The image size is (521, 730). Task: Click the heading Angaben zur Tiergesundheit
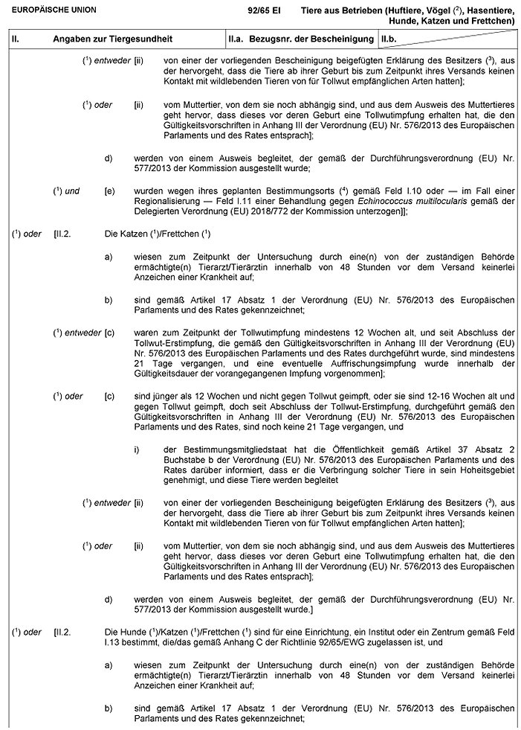pyautogui.click(x=95, y=36)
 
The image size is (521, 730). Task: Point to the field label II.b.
pyautogui.click(x=389, y=36)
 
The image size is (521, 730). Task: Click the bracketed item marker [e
pyautogui.click(x=109, y=191)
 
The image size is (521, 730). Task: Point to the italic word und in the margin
pyautogui.click(x=72, y=191)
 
